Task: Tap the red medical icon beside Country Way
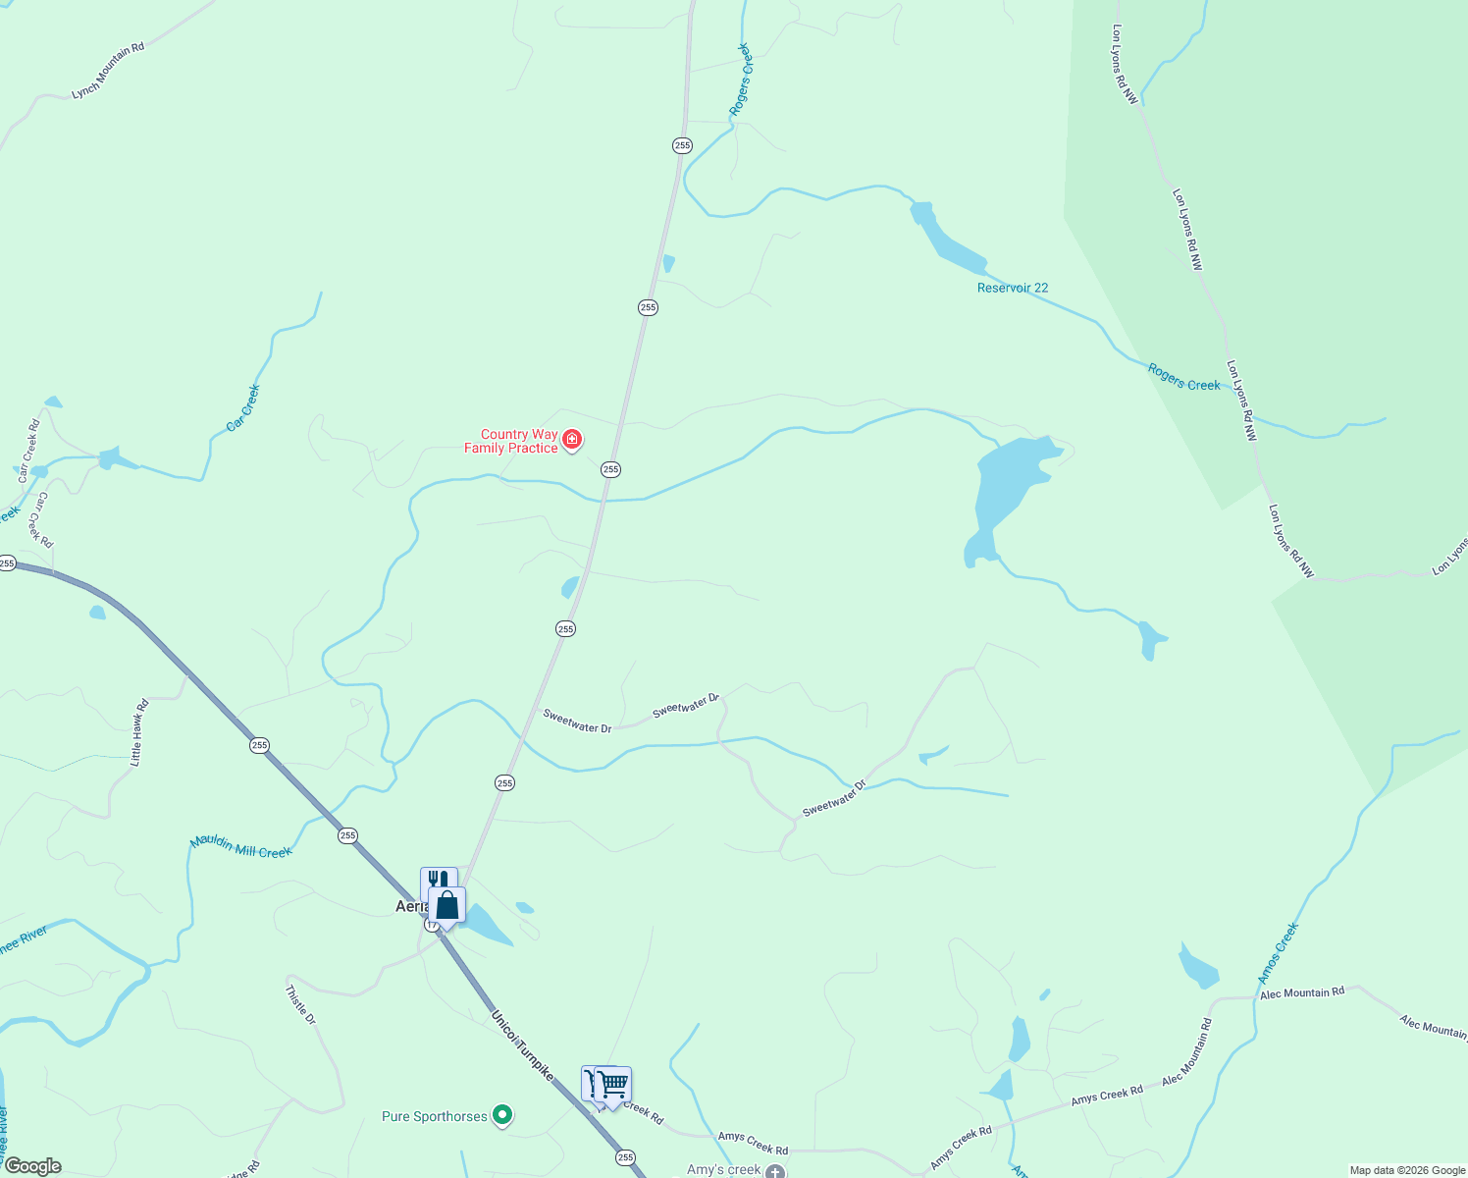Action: pyautogui.click(x=572, y=439)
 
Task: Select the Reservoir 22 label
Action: pyautogui.click(x=1013, y=288)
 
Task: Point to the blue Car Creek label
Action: pyautogui.click(x=243, y=407)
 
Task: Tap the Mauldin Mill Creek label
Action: pyautogui.click(x=241, y=846)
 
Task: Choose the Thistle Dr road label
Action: pyautogui.click(x=300, y=1005)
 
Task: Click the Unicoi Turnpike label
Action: pyautogui.click(x=522, y=1046)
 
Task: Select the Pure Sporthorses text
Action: pyautogui.click(x=435, y=1116)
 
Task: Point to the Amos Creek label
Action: pyautogui.click(x=1279, y=952)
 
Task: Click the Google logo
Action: pyautogui.click(x=32, y=1166)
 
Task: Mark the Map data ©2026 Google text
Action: pyautogui.click(x=1406, y=1170)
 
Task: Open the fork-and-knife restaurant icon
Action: pyautogui.click(x=438, y=881)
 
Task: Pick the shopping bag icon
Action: pyautogui.click(x=447, y=904)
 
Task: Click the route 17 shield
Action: pyautogui.click(x=432, y=925)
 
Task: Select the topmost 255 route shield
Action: pyautogui.click(x=682, y=145)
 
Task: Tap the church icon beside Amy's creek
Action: pyautogui.click(x=776, y=1170)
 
